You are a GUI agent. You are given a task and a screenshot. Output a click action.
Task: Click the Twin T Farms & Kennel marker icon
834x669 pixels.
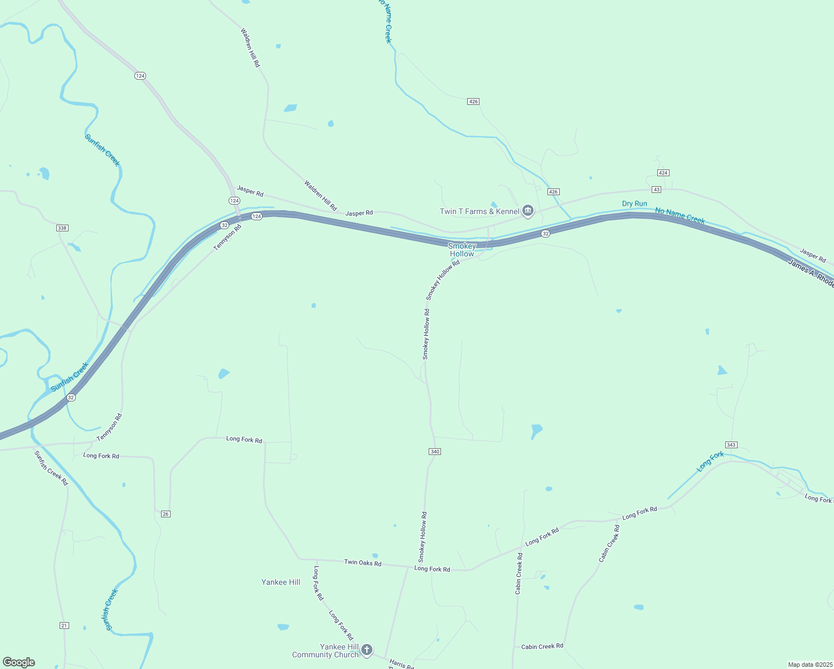click(528, 211)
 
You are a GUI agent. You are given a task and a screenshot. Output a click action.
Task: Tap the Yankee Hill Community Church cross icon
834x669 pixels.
click(366, 649)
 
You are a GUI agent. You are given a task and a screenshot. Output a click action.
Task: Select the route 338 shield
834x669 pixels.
click(62, 228)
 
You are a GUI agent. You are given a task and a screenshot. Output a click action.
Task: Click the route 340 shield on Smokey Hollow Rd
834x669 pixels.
click(435, 451)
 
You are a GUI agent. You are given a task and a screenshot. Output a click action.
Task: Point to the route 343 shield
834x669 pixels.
click(731, 444)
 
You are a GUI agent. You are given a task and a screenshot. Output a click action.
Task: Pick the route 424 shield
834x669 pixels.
click(663, 173)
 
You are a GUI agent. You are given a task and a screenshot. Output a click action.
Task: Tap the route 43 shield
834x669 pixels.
click(657, 190)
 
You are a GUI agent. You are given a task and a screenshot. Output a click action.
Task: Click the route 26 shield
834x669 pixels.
click(165, 513)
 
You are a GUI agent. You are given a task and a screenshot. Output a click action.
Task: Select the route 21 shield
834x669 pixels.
click(64, 626)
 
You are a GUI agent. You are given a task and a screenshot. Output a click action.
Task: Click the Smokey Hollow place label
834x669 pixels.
click(462, 250)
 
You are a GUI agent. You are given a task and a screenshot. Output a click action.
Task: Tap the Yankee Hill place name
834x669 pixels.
click(281, 582)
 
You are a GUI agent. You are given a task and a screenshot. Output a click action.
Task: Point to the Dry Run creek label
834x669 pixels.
click(634, 203)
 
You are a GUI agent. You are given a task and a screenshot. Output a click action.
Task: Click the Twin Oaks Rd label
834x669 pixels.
click(362, 563)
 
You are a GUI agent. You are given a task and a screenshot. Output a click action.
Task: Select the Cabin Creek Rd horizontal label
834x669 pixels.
click(542, 647)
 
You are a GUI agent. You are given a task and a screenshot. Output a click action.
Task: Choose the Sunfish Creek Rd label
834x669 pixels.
click(51, 468)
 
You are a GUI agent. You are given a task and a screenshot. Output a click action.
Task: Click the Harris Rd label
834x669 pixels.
click(401, 664)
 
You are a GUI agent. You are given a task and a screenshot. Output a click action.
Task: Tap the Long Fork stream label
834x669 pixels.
click(710, 462)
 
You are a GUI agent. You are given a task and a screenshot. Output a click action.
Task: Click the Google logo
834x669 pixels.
click(19, 662)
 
